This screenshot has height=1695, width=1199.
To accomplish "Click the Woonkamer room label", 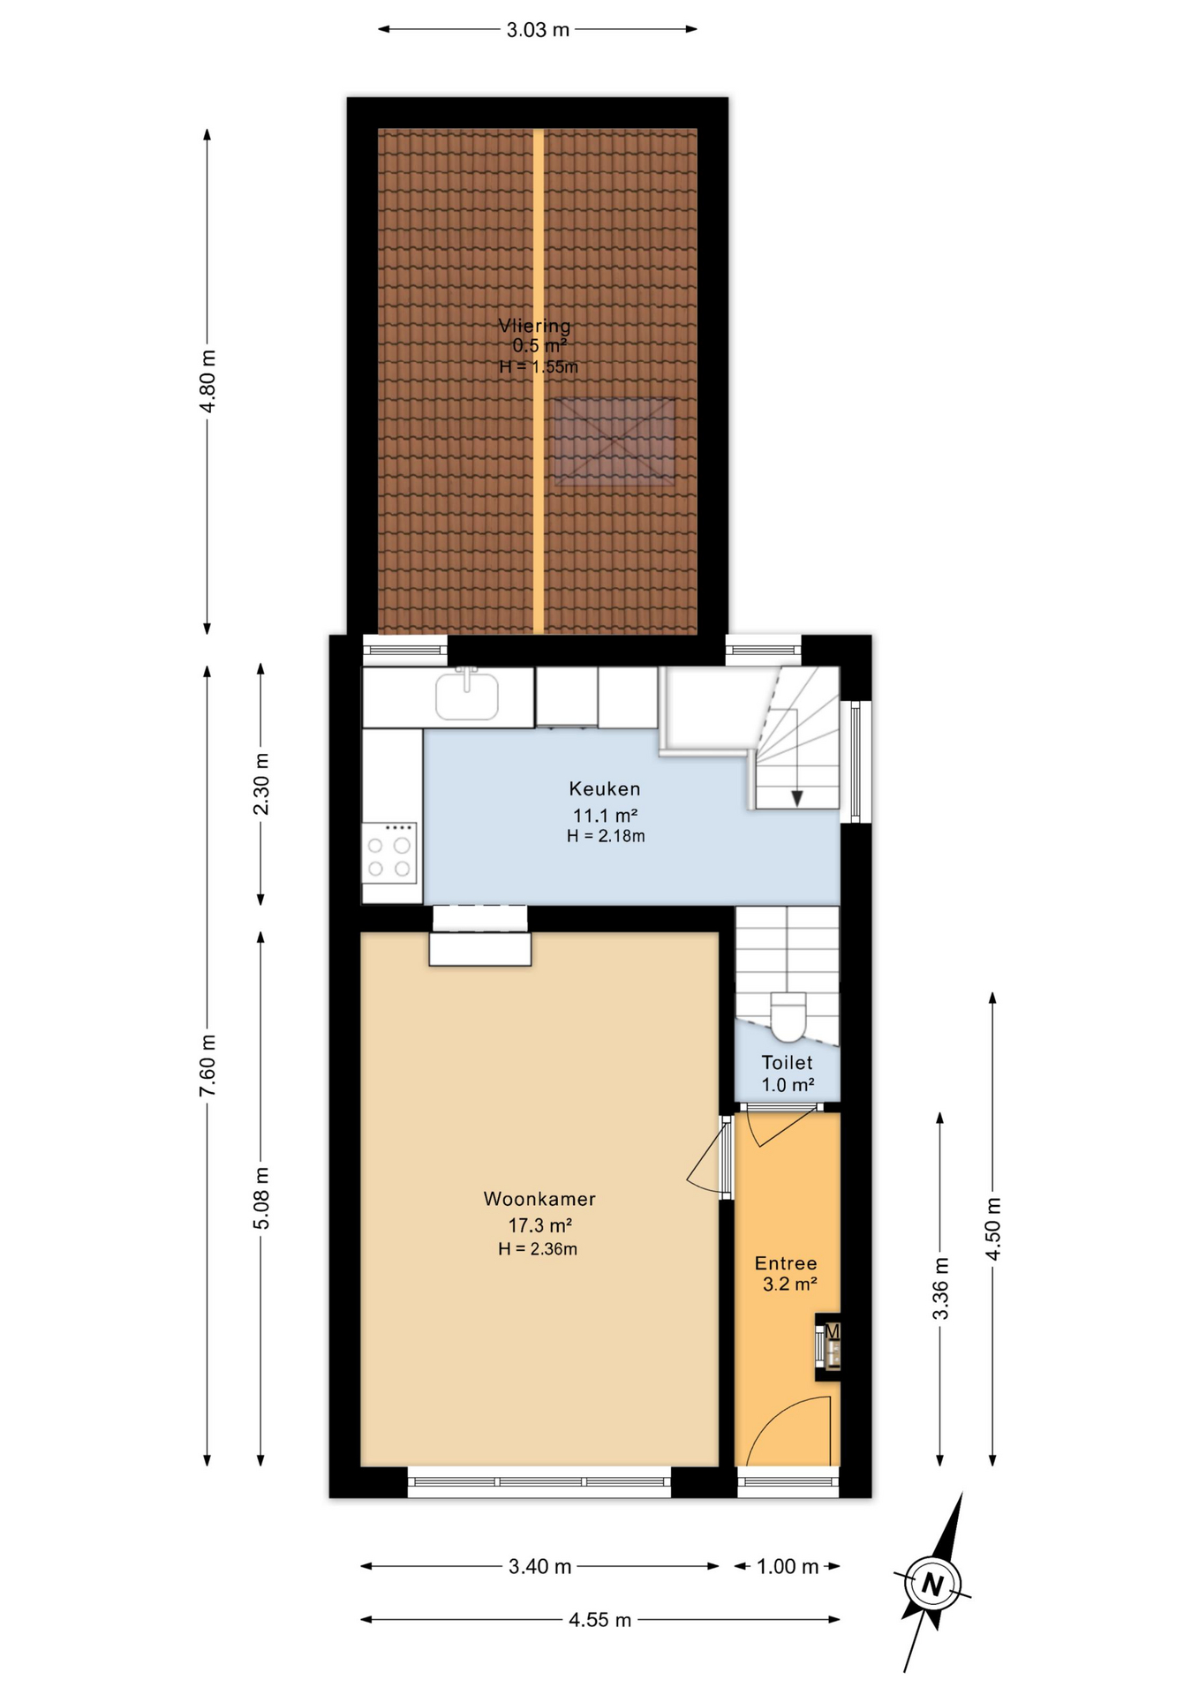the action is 539,1199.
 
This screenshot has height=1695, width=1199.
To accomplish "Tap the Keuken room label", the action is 605,788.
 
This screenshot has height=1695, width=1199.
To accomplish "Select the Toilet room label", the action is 787,1063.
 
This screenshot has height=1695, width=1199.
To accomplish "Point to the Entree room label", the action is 786,1263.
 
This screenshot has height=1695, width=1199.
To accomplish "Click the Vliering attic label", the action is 534,326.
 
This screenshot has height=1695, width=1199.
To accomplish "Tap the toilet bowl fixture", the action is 788,1016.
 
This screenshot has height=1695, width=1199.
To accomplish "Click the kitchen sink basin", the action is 467,695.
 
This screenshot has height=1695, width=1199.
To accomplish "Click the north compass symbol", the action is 932,1584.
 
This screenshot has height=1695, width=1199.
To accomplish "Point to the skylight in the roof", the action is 615,441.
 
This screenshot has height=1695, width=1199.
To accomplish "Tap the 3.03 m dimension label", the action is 538,30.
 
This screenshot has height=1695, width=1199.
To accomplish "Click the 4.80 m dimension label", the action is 207,381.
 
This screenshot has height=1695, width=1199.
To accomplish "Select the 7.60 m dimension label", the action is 207,1066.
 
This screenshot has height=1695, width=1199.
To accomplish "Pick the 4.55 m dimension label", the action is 600,1620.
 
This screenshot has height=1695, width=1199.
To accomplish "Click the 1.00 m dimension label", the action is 788,1567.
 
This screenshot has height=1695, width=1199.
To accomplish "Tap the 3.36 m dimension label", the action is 940,1289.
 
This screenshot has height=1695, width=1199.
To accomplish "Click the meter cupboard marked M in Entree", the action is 828,1347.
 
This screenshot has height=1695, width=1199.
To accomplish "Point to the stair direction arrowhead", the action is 797,798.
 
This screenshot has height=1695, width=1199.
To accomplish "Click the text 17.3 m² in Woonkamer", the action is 539,1225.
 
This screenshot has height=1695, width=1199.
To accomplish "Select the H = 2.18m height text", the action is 606,836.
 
